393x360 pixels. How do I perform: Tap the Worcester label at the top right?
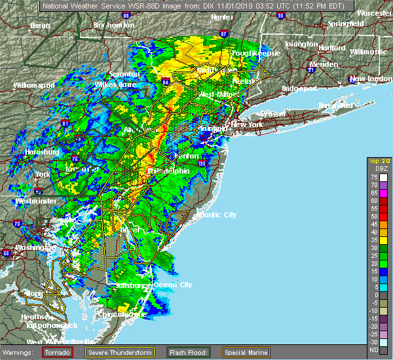374,13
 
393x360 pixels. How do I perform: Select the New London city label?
370,79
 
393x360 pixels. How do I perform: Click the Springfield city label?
346,24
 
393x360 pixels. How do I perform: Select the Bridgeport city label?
299,88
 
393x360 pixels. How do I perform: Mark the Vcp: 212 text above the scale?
378,162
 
